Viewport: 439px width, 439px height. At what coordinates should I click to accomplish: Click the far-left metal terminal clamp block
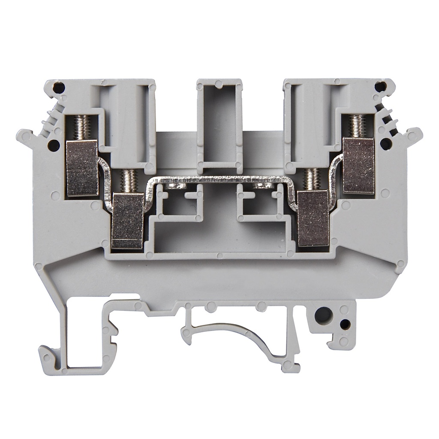(x=82, y=168)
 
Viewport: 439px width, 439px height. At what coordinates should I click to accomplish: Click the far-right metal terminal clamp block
(x=359, y=165)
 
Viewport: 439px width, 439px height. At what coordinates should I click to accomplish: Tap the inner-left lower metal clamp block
(x=127, y=221)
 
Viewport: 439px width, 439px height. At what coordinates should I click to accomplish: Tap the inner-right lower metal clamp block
(x=313, y=219)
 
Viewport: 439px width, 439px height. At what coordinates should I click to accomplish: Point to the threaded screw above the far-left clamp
(x=82, y=127)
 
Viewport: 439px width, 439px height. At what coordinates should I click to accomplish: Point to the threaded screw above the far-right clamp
(x=358, y=126)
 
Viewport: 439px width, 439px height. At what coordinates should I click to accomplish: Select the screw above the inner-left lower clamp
(x=128, y=181)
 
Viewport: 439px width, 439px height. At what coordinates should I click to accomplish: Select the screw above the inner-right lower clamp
(x=312, y=179)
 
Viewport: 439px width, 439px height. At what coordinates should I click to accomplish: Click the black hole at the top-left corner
(x=59, y=88)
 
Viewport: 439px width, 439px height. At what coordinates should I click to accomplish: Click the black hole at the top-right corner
(x=380, y=87)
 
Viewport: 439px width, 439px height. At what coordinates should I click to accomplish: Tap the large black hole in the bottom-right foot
(x=323, y=316)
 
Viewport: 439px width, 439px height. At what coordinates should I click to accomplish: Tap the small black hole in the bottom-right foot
(x=345, y=324)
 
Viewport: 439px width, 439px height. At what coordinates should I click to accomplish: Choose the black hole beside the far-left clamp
(x=54, y=146)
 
